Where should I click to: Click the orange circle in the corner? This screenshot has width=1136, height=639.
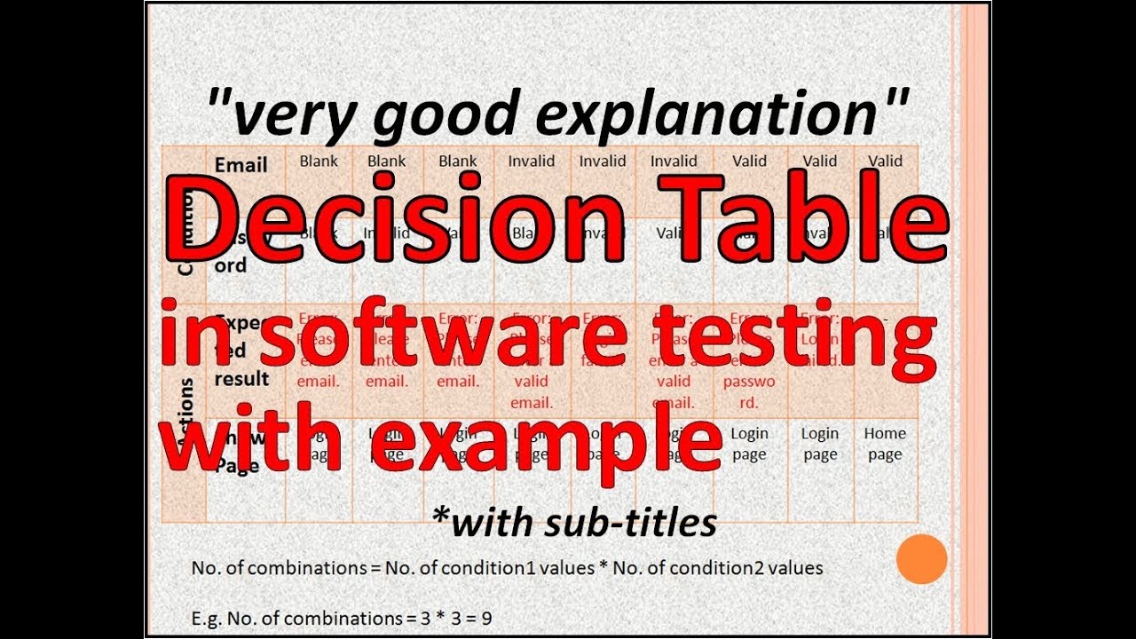pyautogui.click(x=922, y=558)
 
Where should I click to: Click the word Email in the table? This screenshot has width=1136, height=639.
pyautogui.click(x=241, y=165)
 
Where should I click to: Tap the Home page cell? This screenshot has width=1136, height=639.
pyautogui.click(x=885, y=444)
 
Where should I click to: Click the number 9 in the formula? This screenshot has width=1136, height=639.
pyautogui.click(x=486, y=617)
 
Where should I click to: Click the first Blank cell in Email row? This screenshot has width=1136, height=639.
pyautogui.click(x=319, y=161)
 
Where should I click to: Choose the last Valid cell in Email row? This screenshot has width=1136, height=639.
pyautogui.click(x=885, y=161)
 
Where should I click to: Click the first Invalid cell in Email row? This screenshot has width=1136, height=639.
pyautogui.click(x=531, y=161)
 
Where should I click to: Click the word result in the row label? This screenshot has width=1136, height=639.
pyautogui.click(x=241, y=379)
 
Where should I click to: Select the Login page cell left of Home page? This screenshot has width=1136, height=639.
pyautogui.click(x=820, y=444)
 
